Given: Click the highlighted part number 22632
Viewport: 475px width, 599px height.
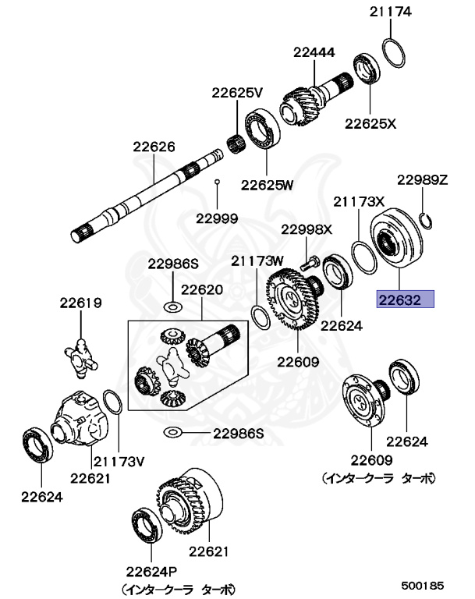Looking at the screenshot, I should [405, 299].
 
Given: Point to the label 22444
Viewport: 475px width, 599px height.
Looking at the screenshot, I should [314, 53].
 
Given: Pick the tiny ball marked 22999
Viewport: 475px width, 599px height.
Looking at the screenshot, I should [218, 182].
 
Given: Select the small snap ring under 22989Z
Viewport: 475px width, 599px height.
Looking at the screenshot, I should [426, 220].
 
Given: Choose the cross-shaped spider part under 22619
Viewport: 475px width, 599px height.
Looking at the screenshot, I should [82, 356].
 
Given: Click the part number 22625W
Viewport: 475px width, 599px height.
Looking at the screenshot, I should [267, 185].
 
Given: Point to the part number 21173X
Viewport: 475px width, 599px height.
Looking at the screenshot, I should [360, 200].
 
